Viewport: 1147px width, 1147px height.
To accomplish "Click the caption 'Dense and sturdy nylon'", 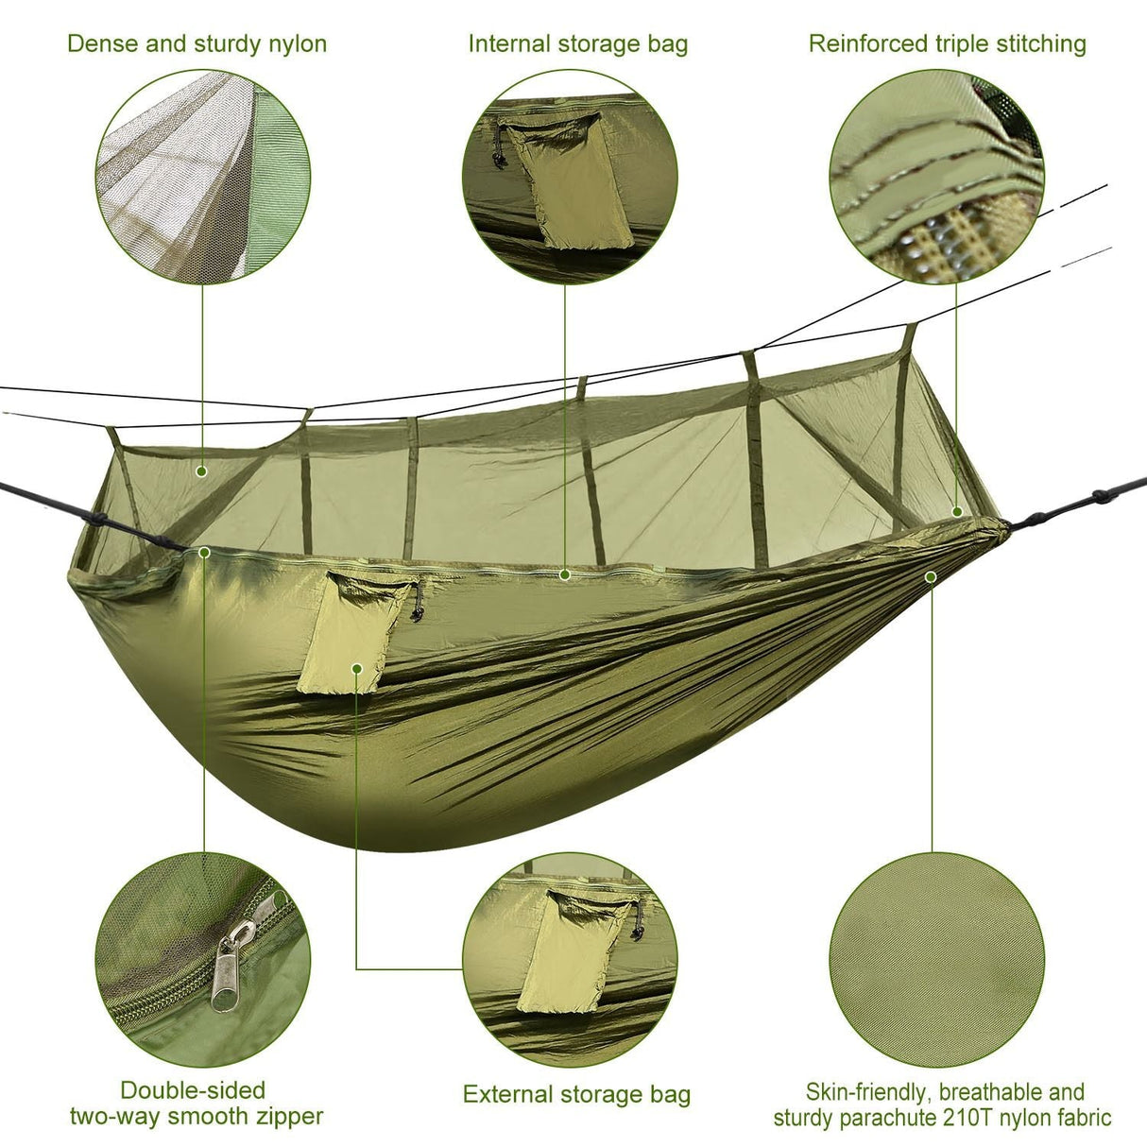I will pyautogui.click(x=197, y=43).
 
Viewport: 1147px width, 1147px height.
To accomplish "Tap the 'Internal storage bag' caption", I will pyautogui.click(x=578, y=43).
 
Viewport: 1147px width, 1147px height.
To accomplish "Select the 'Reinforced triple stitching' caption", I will pyautogui.click(x=948, y=43).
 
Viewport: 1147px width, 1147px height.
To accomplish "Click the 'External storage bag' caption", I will pyautogui.click(x=576, y=1095).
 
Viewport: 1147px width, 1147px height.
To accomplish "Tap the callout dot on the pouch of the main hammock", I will pyautogui.click(x=356, y=667).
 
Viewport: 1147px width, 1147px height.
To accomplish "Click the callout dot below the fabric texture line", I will pyautogui.click(x=931, y=575).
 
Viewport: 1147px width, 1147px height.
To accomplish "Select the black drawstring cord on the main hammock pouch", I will pyautogui.click(x=416, y=605).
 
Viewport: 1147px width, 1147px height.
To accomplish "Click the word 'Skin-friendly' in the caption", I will pyautogui.click(x=866, y=1093).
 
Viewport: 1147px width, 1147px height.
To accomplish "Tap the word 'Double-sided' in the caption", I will pyautogui.click(x=193, y=1091).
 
